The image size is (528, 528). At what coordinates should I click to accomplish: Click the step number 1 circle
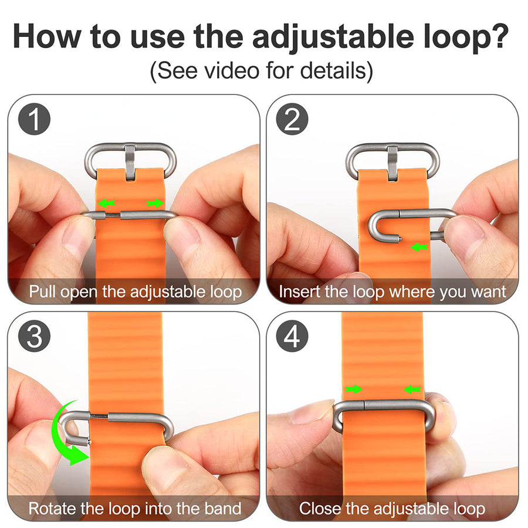pyautogui.click(x=35, y=119)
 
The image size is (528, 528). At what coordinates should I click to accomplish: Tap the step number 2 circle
pyautogui.click(x=292, y=119)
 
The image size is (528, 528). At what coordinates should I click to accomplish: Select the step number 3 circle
pyautogui.click(x=35, y=336)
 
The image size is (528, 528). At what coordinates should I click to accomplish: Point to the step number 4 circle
pyautogui.click(x=292, y=336)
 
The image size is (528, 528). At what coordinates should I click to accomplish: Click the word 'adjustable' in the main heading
pyautogui.click(x=333, y=38)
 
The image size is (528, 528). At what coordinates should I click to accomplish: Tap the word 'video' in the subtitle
pyautogui.click(x=233, y=70)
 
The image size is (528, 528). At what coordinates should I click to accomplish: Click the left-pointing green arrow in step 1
pyautogui.click(x=107, y=203)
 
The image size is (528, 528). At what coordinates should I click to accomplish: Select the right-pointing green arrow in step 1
pyautogui.click(x=155, y=203)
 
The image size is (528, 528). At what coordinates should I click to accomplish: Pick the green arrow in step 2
pyautogui.click(x=419, y=248)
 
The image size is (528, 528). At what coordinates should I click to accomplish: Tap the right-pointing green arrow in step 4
pyautogui.click(x=354, y=390)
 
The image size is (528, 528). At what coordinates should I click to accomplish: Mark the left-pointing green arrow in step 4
pyautogui.click(x=412, y=390)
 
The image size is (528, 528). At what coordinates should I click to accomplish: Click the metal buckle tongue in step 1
pyautogui.click(x=130, y=162)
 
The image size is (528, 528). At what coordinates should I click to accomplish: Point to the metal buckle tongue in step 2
pyautogui.click(x=392, y=163)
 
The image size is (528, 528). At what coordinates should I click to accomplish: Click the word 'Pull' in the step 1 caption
pyautogui.click(x=42, y=291)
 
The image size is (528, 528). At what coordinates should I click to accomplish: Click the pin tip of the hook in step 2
pyautogui.click(x=400, y=239)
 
